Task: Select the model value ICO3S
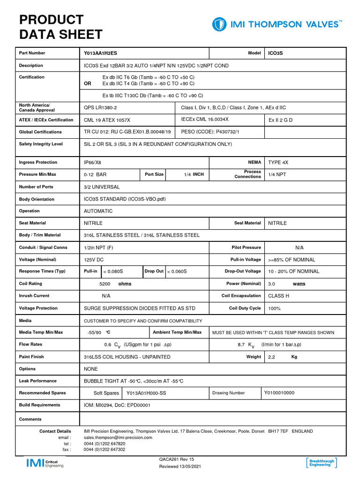click(x=275, y=53)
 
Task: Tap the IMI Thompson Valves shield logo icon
click(x=219, y=24)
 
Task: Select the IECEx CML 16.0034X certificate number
click(x=205, y=120)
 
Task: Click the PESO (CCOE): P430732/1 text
click(x=210, y=132)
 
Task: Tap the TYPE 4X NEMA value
click(x=278, y=162)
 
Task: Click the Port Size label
click(x=154, y=174)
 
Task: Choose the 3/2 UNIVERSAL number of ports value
click(x=102, y=187)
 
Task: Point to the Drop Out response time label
click(x=154, y=271)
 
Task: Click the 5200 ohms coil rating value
click(x=115, y=284)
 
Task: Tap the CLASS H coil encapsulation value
click(x=278, y=296)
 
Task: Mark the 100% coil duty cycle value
click(x=274, y=308)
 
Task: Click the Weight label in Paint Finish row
click(x=254, y=357)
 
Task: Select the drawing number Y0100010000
click(x=279, y=393)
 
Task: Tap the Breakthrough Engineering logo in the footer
click(x=321, y=463)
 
